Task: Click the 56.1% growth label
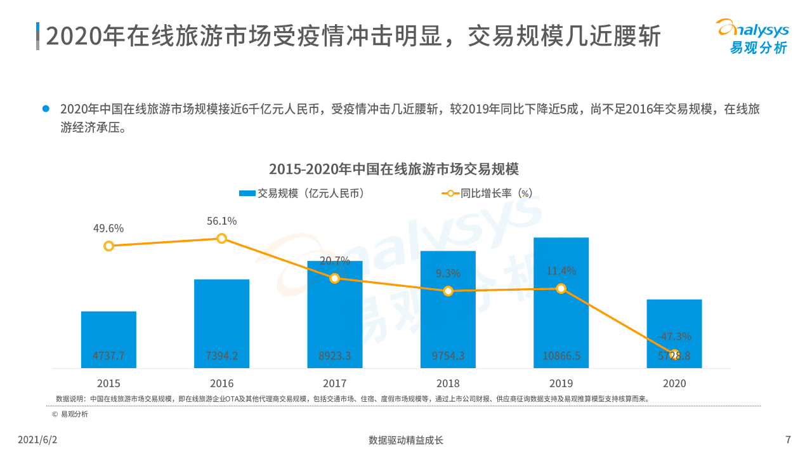221,221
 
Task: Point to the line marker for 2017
335,278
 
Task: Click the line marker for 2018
448,291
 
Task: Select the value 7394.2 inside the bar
221,356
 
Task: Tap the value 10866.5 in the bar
561,356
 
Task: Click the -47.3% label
674,336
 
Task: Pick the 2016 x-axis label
221,383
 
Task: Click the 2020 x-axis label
674,383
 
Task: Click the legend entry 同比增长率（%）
487,194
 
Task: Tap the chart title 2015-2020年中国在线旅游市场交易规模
393,169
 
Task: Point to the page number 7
788,440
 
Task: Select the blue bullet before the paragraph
46,109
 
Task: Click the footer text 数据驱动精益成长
406,440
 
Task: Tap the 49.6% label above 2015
108,228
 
